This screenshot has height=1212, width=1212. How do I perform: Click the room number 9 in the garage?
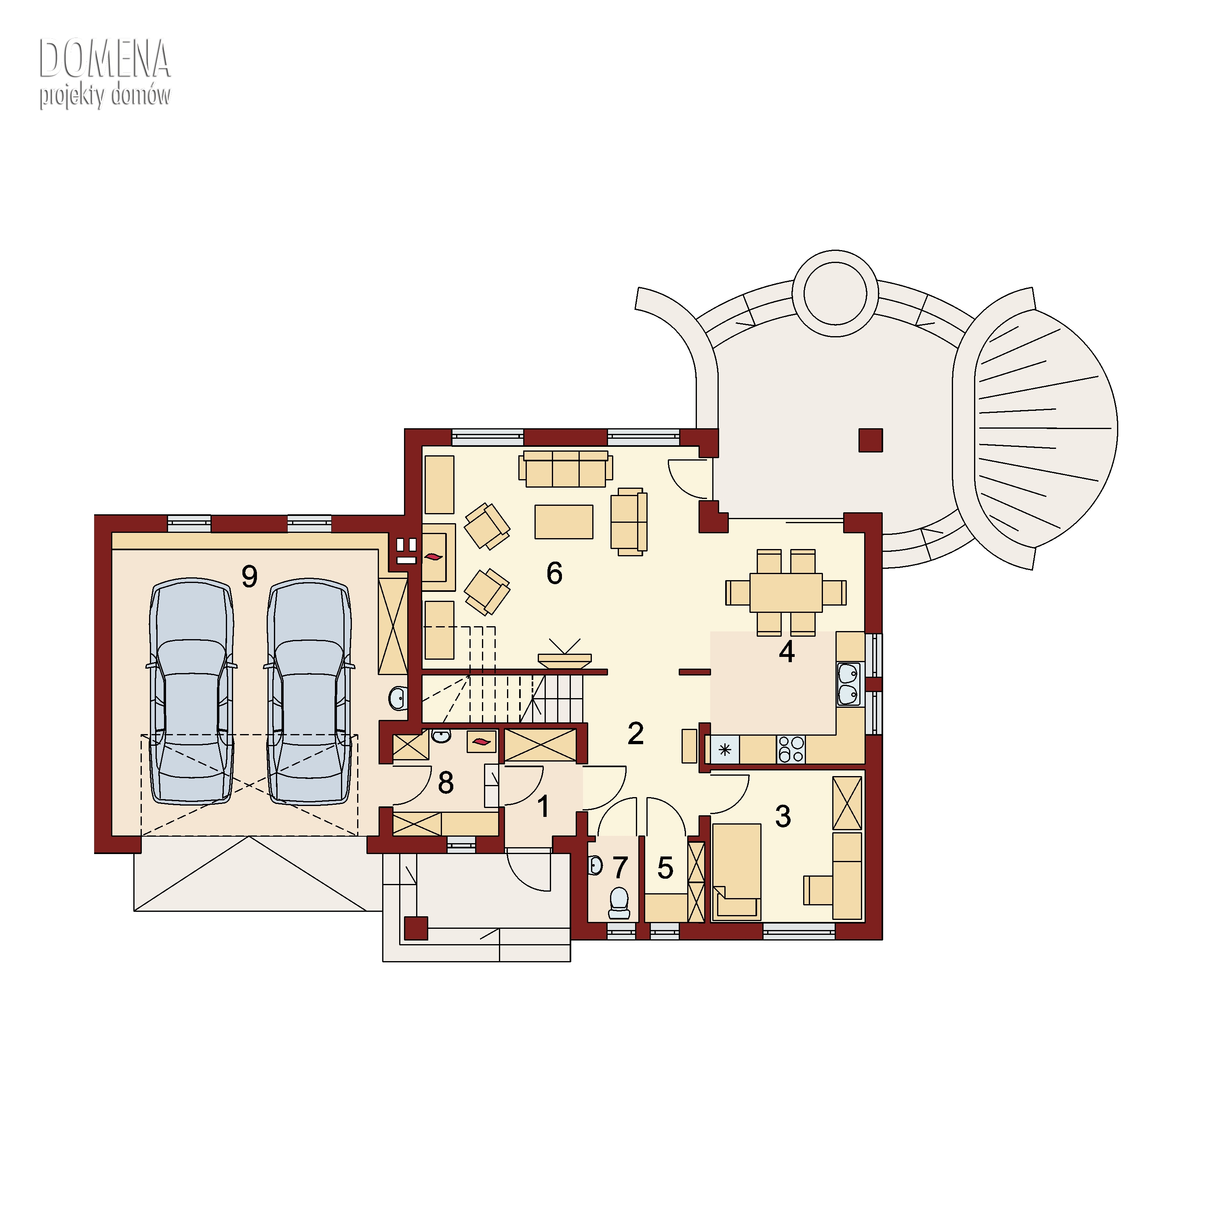[250, 576]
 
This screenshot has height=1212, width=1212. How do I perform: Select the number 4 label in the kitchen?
[787, 652]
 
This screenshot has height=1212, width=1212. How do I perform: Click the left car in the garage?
[191, 691]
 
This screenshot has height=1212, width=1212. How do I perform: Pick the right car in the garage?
[309, 691]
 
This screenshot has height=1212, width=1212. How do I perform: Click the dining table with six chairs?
[786, 593]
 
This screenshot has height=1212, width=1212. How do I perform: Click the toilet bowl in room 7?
[619, 903]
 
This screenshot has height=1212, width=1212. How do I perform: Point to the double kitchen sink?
[848, 684]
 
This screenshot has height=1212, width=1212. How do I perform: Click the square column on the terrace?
[871, 440]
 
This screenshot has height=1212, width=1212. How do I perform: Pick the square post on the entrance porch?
[416, 928]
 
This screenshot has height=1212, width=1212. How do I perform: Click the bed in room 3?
[737, 872]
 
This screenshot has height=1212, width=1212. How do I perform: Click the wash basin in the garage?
[398, 698]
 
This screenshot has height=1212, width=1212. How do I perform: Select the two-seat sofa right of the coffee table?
[629, 522]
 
